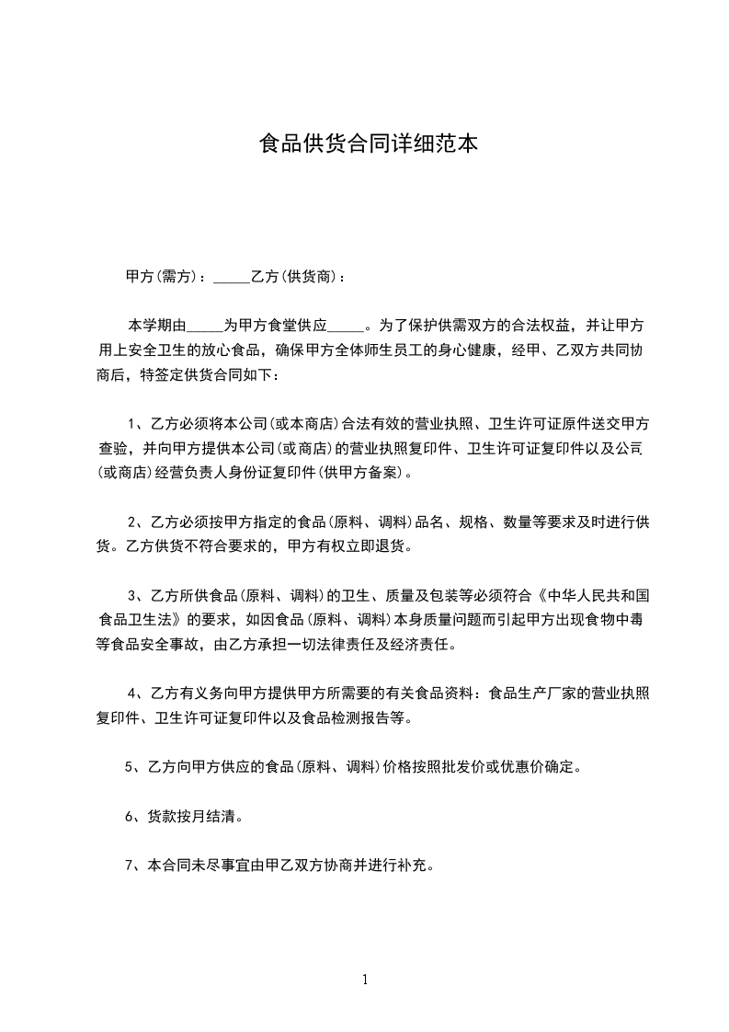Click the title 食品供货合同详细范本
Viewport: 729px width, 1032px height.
click(369, 144)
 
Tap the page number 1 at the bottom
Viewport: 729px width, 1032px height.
click(365, 979)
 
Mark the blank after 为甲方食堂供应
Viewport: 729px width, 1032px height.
click(346, 327)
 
